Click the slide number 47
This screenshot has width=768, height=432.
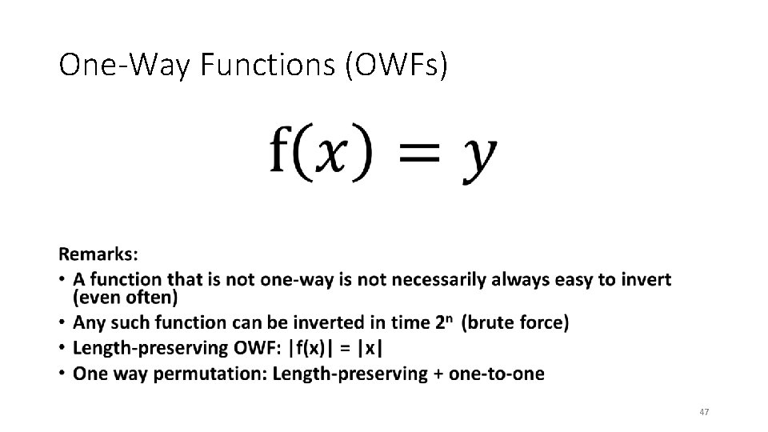(x=704, y=412)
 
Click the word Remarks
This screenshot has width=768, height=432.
(x=97, y=254)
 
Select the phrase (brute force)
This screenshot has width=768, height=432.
(x=516, y=323)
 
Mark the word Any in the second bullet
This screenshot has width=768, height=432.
(x=87, y=323)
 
